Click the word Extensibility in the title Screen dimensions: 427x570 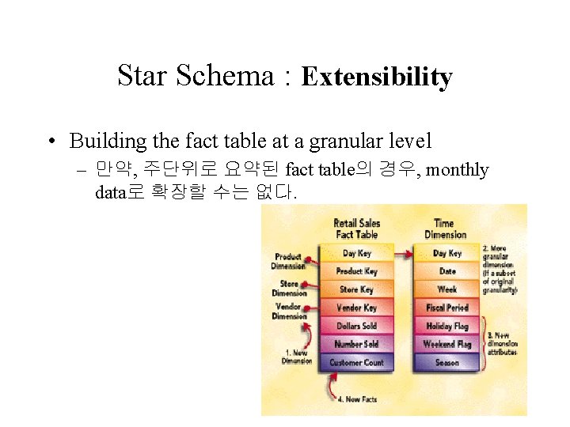pos(377,77)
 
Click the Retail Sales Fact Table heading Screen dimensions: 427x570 pos(356,229)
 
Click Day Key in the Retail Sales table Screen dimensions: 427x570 pos(356,253)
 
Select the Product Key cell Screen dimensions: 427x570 pos(356,271)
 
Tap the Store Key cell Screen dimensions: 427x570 pos(356,289)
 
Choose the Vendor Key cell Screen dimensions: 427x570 pos(356,308)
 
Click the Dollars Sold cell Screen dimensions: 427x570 pos(356,326)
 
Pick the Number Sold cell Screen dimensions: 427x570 pos(356,344)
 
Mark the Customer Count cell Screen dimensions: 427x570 pos(356,363)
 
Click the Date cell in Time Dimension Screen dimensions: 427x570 pos(447,271)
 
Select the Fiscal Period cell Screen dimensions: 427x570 pos(447,308)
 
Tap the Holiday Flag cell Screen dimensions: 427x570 pos(447,326)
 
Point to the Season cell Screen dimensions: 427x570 pos(447,363)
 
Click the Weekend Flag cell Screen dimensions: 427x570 pos(447,344)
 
